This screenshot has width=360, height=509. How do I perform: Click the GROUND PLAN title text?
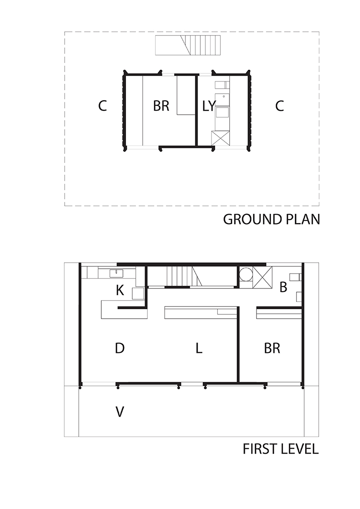coord(271,220)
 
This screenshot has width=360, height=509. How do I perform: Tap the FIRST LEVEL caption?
coord(281,449)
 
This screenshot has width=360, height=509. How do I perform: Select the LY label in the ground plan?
coord(209,106)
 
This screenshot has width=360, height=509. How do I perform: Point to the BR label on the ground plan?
coord(162,106)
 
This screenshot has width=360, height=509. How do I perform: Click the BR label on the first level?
coord(272,348)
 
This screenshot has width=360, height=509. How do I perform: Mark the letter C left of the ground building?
coord(103,106)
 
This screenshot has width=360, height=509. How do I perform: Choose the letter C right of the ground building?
coord(279,106)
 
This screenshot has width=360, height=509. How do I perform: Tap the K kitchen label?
coord(120,290)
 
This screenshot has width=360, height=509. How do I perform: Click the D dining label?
coord(120,348)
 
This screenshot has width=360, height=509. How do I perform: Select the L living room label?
coord(199,348)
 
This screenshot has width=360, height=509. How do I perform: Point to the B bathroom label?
coord(283,287)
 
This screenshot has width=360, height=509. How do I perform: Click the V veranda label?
coord(120,412)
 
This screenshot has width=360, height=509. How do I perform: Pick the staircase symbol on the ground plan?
coord(188,45)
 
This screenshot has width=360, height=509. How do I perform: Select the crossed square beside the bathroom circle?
coord(262,277)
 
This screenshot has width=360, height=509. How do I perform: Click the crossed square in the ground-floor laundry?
coord(220,138)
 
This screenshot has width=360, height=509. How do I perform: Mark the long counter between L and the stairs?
coord(201,313)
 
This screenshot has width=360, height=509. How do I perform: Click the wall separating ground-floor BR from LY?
coord(196,110)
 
